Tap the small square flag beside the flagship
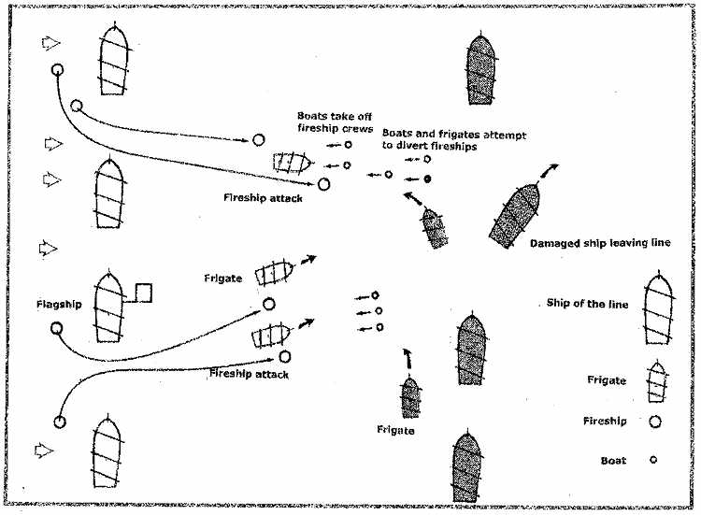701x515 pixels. [x=143, y=292]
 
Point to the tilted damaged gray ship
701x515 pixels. [x=517, y=214]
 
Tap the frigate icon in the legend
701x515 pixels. [x=659, y=380]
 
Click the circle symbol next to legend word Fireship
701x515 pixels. [x=655, y=422]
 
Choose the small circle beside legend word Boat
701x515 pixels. [x=654, y=460]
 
